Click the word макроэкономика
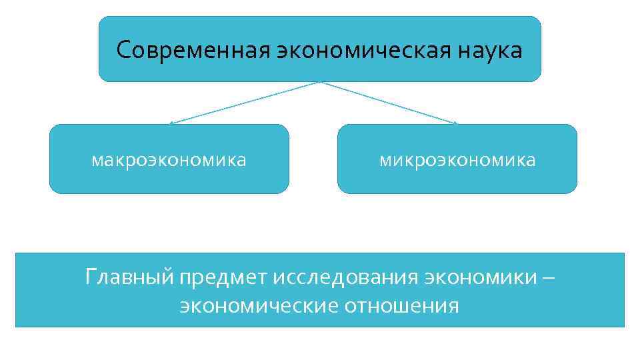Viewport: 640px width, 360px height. [x=169, y=161]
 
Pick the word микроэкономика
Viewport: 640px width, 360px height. [x=457, y=161]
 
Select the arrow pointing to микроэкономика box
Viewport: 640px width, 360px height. [x=389, y=103]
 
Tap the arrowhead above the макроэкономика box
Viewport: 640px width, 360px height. [x=171, y=123]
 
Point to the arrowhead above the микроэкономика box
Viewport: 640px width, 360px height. [x=456, y=123]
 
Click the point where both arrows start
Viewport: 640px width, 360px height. [x=321, y=82]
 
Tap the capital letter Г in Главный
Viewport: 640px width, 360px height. [x=91, y=275]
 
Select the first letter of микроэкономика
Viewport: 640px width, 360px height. [x=385, y=161]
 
